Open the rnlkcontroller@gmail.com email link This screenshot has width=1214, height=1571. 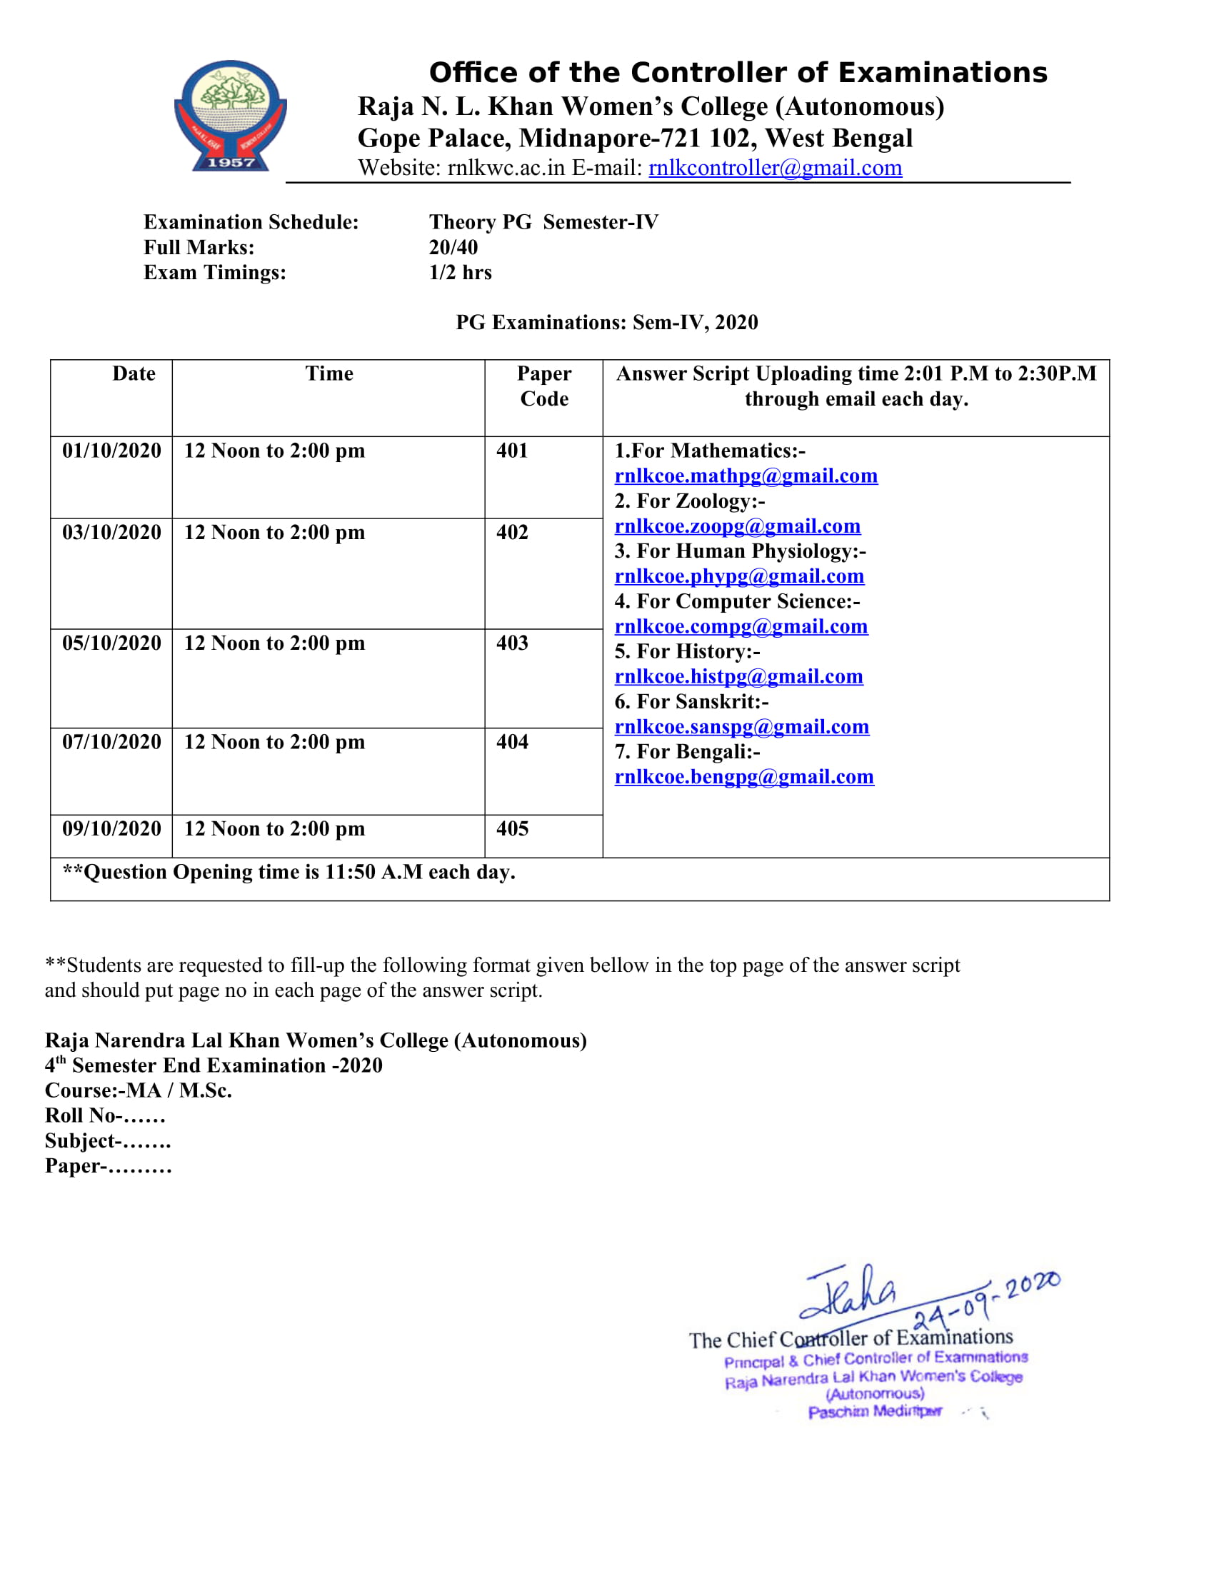775,168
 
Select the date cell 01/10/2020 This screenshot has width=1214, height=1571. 111,451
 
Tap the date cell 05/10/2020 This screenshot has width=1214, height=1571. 111,643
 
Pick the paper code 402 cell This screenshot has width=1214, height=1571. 512,532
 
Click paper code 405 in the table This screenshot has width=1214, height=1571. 512,828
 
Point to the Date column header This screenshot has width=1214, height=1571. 134,374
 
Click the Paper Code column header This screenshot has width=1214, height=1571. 543,386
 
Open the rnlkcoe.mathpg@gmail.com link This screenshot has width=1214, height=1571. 746,476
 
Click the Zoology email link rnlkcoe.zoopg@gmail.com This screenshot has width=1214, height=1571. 737,526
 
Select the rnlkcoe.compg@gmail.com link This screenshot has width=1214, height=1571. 741,626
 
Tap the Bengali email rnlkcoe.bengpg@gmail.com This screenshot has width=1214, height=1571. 743,777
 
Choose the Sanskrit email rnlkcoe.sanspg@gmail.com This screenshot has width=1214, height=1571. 741,727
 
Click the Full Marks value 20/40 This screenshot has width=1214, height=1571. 453,248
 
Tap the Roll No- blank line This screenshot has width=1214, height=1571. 144,1115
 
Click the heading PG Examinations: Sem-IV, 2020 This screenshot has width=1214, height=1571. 607,322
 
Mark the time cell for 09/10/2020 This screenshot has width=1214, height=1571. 274,828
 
